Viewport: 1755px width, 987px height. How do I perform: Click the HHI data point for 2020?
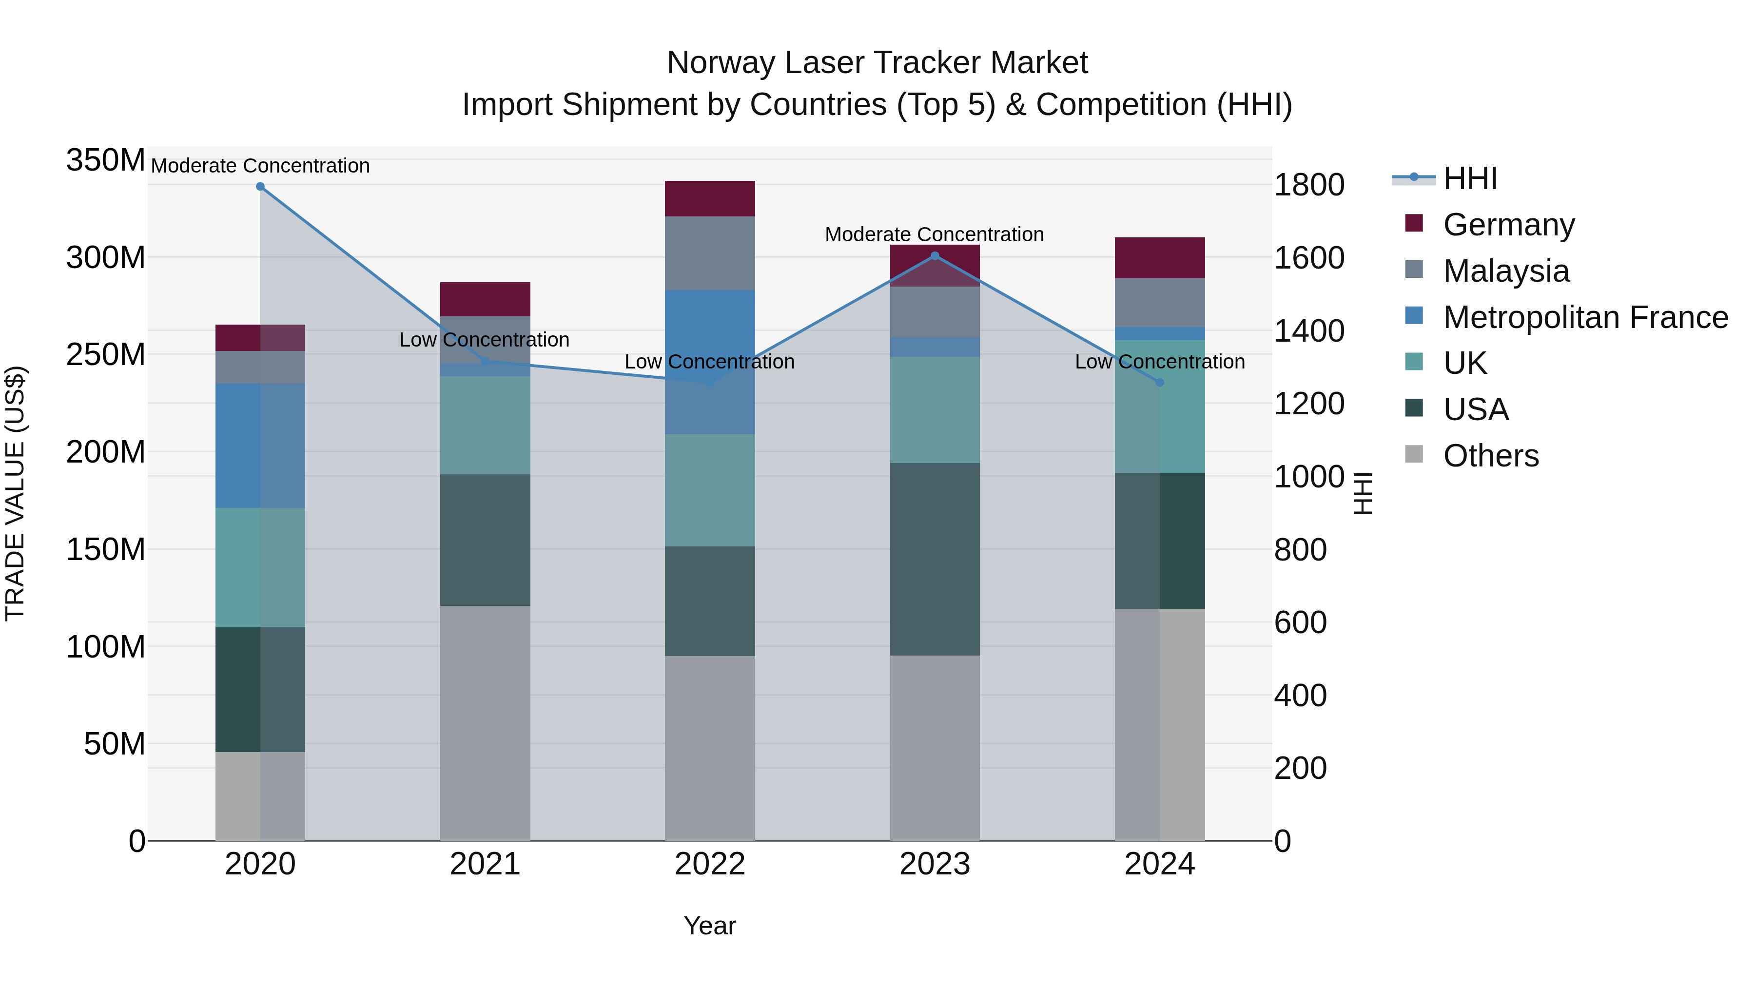point(260,187)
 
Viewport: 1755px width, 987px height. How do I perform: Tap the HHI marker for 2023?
point(935,256)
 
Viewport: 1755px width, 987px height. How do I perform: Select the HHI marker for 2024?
point(1160,383)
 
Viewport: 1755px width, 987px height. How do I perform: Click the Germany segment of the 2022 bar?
point(710,199)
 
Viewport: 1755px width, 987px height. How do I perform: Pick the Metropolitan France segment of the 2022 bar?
point(710,362)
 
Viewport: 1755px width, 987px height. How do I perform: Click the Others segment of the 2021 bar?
point(485,723)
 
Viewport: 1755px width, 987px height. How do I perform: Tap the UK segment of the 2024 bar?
point(1160,406)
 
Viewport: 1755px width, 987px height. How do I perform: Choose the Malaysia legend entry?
point(1506,271)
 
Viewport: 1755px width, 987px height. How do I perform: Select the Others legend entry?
point(1491,456)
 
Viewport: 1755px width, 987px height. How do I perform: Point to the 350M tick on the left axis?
point(106,161)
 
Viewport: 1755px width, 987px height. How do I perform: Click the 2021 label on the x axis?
point(485,864)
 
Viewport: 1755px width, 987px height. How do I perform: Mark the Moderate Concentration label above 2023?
point(934,234)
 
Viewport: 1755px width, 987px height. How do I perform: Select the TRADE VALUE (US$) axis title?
point(15,493)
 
